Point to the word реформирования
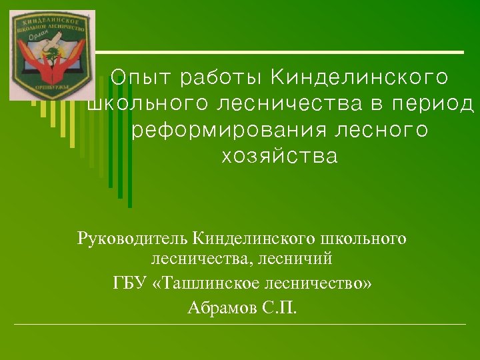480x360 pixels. [229, 131]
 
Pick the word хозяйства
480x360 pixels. [279, 158]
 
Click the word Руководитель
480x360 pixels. [133, 237]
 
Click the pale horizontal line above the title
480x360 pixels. [280, 52]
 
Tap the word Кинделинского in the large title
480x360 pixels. [360, 78]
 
